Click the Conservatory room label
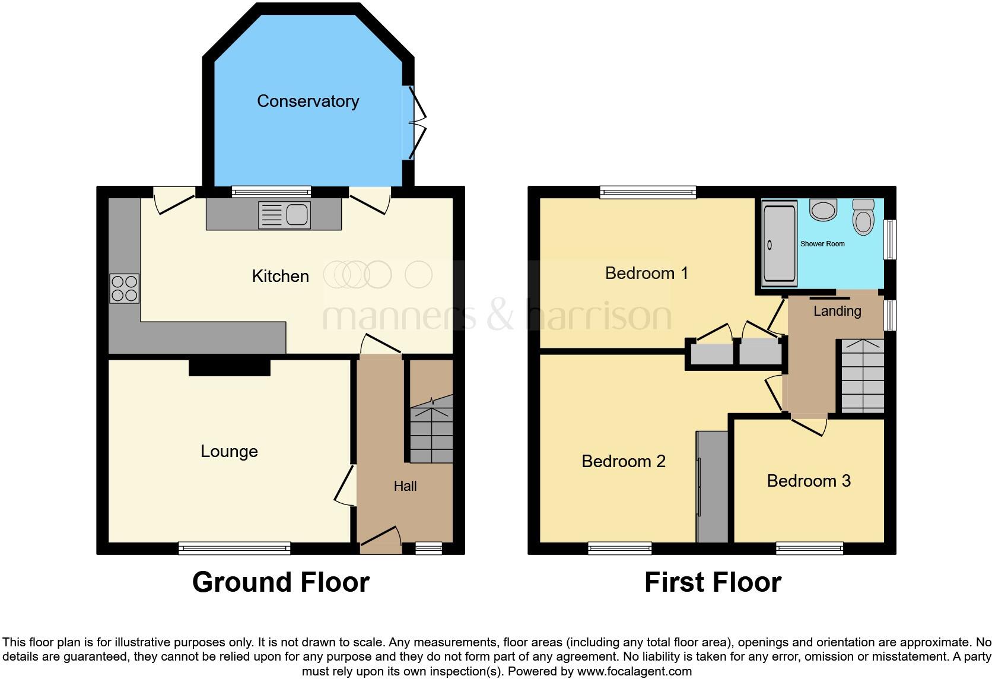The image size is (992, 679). point(308,101)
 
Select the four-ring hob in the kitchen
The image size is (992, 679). point(124,288)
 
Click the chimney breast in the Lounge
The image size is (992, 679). point(230,367)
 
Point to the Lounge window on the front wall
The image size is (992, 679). point(234,548)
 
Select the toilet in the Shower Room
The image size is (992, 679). point(863,217)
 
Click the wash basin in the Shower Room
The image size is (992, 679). point(823,210)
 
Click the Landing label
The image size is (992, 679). point(837,311)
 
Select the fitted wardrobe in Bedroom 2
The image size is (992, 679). point(712,487)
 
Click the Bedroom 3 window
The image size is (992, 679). point(809,548)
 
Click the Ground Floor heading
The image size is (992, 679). point(281,582)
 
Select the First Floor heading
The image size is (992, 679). point(713,582)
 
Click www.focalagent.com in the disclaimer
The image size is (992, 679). point(634,672)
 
